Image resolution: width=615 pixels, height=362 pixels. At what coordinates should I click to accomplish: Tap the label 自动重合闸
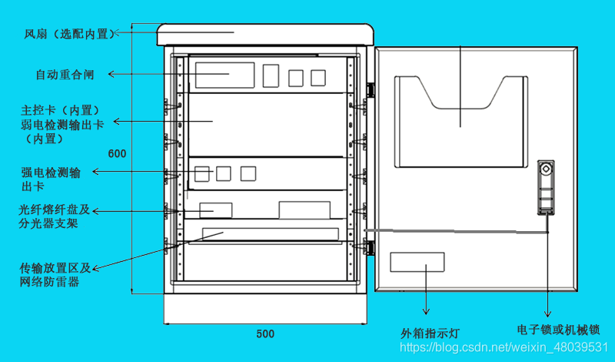pyautogui.click(x=65, y=75)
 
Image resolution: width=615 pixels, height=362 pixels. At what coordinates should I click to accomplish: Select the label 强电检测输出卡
pyautogui.click(x=51, y=179)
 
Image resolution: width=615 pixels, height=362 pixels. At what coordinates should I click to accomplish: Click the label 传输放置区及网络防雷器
pyautogui.click(x=55, y=275)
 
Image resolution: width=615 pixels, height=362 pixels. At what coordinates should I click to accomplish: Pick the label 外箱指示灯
pyautogui.click(x=430, y=334)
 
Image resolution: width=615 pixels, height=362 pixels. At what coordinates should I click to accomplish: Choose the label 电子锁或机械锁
pyautogui.click(x=563, y=329)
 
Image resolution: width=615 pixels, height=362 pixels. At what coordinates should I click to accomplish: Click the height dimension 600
pyautogui.click(x=117, y=153)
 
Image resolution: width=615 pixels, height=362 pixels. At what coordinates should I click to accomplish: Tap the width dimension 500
pyautogui.click(x=265, y=334)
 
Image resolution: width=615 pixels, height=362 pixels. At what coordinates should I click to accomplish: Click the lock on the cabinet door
pyautogui.click(x=545, y=187)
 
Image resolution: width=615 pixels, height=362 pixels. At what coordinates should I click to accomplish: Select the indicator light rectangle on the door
pyautogui.click(x=417, y=262)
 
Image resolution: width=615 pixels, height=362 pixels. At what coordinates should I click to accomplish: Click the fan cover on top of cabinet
pyautogui.click(x=265, y=35)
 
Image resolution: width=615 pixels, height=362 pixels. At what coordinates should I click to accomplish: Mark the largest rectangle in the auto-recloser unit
pyautogui.click(x=224, y=75)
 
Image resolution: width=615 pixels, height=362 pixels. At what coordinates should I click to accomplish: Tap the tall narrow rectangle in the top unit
pyautogui.click(x=271, y=75)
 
